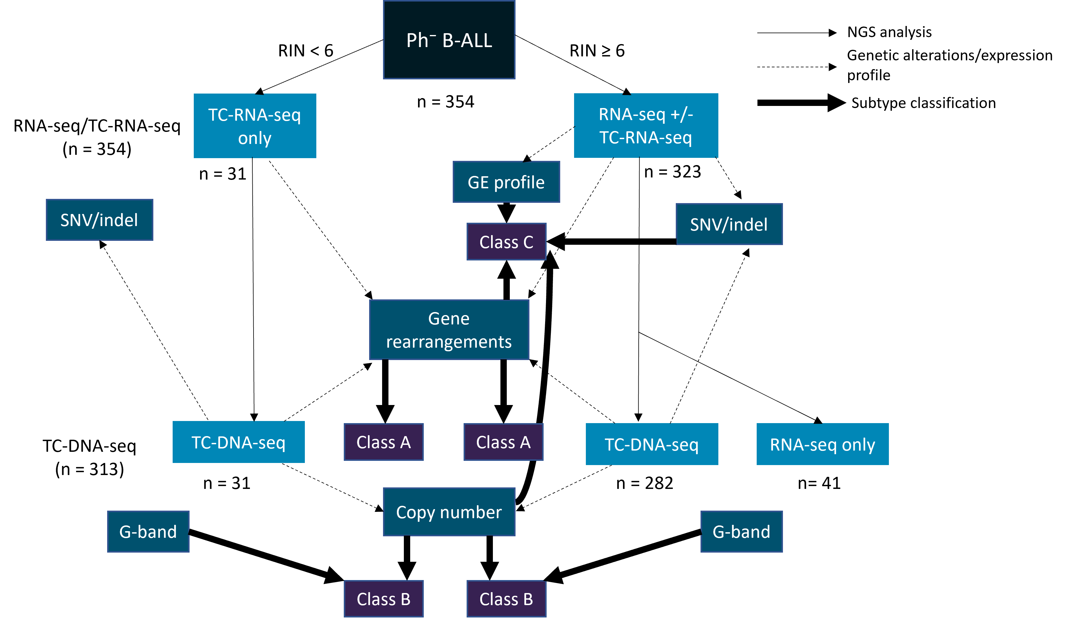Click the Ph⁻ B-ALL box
449,40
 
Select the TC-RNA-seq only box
255,126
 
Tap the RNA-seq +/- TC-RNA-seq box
646,126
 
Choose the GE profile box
506,182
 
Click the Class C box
506,242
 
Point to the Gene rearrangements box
449,330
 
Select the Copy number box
449,512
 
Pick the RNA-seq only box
822,444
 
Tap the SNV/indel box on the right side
729,224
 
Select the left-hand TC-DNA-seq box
238,442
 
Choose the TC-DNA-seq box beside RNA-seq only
652,444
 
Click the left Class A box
383,442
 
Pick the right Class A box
503,442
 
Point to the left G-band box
148,531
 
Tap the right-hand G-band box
741,531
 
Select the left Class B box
383,599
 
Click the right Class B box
506,599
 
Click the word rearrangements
449,342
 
